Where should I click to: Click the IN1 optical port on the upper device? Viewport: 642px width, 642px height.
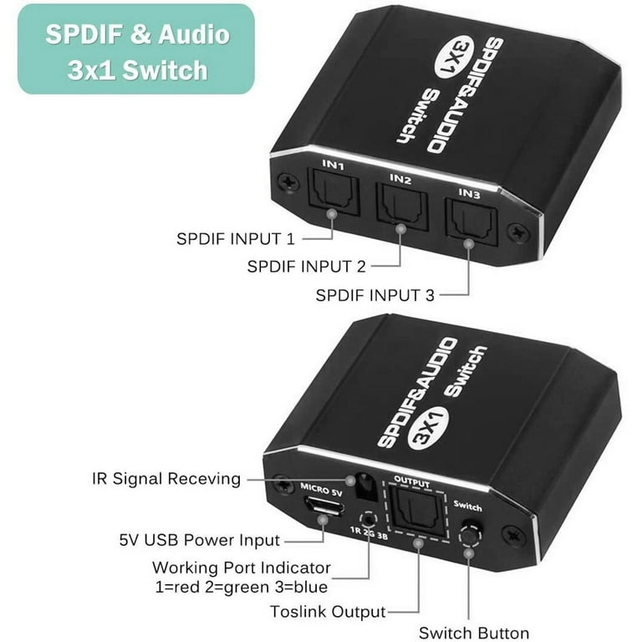coord(334,192)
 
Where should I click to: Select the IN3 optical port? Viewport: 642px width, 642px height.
coord(471,222)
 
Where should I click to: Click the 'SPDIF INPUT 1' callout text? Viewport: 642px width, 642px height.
coord(236,239)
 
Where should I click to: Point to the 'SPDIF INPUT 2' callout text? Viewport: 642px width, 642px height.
coord(306,267)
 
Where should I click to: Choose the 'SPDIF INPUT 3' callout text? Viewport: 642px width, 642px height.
coord(375,295)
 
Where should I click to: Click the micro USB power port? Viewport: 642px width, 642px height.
coord(324,506)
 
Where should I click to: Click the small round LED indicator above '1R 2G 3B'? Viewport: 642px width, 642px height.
coord(368,519)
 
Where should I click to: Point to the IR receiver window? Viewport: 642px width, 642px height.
coord(365,486)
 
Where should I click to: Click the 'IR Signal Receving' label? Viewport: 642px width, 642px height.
coord(166,479)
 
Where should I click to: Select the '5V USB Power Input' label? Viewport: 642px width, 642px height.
coord(200,540)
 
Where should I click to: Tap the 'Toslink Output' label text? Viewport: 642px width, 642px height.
coord(328,612)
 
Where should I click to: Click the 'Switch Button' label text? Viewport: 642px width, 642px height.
coord(474,633)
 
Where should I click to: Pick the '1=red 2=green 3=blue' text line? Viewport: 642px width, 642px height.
coord(242,587)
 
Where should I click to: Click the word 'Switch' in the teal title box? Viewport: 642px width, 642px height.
coord(166,70)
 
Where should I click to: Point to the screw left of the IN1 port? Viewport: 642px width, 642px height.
coord(288,181)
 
